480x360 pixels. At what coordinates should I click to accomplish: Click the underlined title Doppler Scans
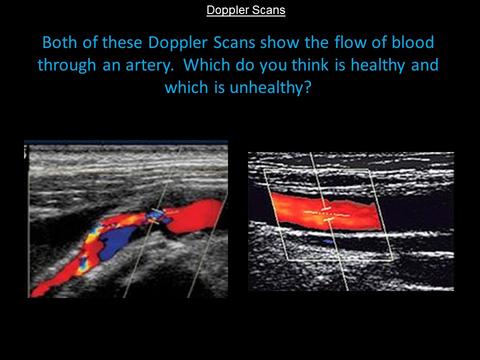pos(246,10)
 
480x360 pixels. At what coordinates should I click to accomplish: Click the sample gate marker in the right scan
pos(326,212)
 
